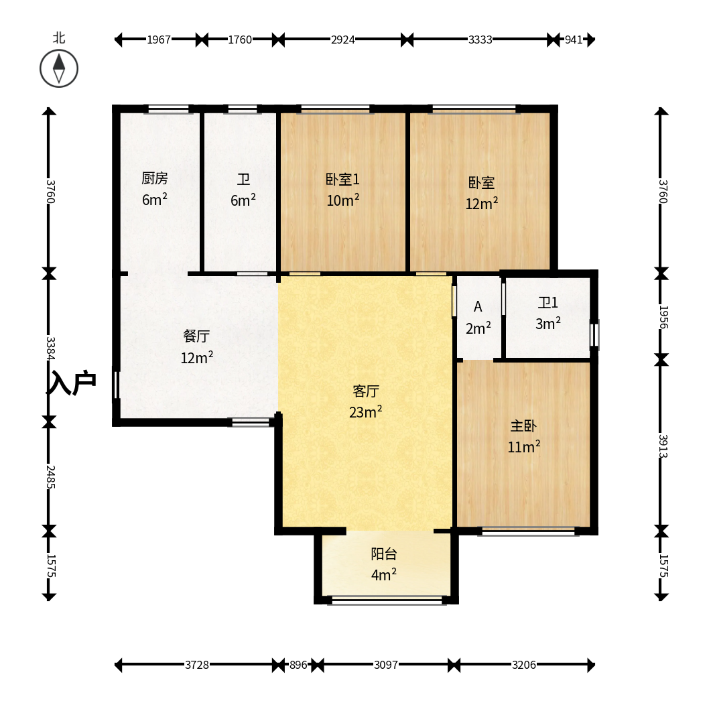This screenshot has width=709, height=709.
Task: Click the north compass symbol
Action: click(x=59, y=69)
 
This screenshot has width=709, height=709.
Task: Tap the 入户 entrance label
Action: click(x=72, y=383)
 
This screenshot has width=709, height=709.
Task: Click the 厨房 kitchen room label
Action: click(x=155, y=178)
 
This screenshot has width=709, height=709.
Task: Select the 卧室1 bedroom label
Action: click(x=342, y=180)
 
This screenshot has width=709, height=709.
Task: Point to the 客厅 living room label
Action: click(x=366, y=391)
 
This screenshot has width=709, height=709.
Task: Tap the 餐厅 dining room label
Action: click(x=197, y=336)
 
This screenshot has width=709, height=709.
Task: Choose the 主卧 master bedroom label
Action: click(x=523, y=426)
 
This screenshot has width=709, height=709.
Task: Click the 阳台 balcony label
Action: click(x=384, y=554)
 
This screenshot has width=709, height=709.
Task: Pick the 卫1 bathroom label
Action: click(x=547, y=302)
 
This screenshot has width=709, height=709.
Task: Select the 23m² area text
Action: click(x=365, y=412)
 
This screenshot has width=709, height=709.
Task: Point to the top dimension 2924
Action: click(x=342, y=40)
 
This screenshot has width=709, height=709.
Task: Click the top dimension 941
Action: click(x=574, y=40)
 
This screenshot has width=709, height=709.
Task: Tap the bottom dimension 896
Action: click(x=298, y=665)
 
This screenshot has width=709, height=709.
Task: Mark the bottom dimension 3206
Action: click(x=523, y=665)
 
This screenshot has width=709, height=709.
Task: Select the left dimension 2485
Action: click(x=51, y=477)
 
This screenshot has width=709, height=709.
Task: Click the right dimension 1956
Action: click(x=663, y=317)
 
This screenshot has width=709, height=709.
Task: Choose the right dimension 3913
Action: click(x=663, y=446)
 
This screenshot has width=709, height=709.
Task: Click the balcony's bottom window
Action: click(x=387, y=600)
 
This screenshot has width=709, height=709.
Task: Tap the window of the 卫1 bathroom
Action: click(x=596, y=335)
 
